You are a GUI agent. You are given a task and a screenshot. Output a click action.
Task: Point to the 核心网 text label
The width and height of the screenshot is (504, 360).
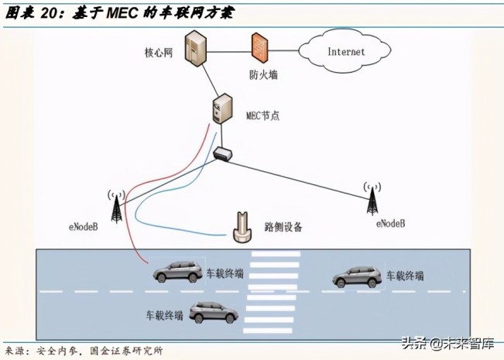coord(158,53)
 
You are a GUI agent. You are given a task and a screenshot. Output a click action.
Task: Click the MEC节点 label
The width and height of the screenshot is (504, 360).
coord(260,115)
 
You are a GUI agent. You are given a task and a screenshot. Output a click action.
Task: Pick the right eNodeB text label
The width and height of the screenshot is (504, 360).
coord(390,223)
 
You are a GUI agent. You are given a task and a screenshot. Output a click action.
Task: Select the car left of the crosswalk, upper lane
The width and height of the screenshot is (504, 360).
coord(178,271)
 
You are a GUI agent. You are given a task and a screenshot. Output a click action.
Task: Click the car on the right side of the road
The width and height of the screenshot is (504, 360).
coord(358,276)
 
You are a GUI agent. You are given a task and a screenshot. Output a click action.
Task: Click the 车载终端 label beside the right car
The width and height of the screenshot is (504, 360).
coord(405,276)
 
